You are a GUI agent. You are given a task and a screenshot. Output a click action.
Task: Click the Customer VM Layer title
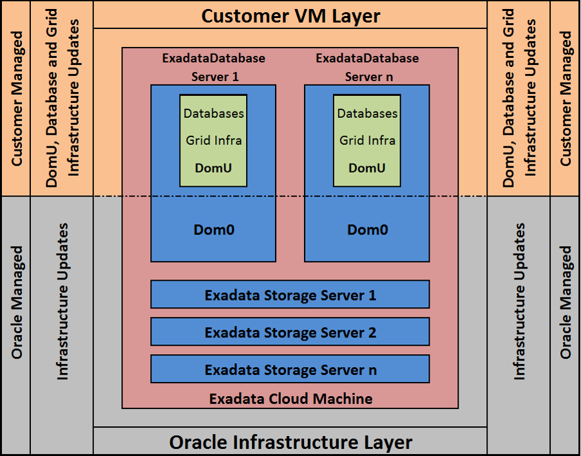click(290, 15)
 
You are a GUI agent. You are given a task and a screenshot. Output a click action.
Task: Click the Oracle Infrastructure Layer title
click(290, 442)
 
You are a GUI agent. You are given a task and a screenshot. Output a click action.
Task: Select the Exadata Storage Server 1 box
click(290, 296)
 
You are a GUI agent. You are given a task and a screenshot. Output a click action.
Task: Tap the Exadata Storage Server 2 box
click(290, 333)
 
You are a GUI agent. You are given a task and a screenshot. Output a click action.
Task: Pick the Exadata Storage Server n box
click(290, 370)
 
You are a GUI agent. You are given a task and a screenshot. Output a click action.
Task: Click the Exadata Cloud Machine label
click(290, 399)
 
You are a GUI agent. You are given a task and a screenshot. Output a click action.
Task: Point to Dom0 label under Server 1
click(214, 229)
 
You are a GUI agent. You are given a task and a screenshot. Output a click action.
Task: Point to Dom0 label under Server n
click(367, 229)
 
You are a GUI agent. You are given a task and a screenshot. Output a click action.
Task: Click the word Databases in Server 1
click(214, 113)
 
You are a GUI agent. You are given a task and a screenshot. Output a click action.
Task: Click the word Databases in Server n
click(367, 113)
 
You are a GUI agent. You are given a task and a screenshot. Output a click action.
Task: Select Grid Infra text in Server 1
click(214, 140)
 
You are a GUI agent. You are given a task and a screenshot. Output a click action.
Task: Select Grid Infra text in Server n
click(367, 140)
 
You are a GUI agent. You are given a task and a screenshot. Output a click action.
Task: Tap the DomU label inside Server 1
click(214, 168)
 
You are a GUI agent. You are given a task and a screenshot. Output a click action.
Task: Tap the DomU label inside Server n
click(367, 168)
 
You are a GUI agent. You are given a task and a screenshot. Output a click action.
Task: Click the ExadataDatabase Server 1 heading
click(214, 67)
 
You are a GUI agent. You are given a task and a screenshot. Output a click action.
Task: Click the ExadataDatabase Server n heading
click(367, 67)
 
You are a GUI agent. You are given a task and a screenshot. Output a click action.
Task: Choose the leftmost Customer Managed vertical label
click(17, 99)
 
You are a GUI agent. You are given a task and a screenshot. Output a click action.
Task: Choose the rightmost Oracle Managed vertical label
click(566, 301)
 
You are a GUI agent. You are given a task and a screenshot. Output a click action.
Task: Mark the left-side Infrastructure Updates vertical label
click(62, 301)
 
